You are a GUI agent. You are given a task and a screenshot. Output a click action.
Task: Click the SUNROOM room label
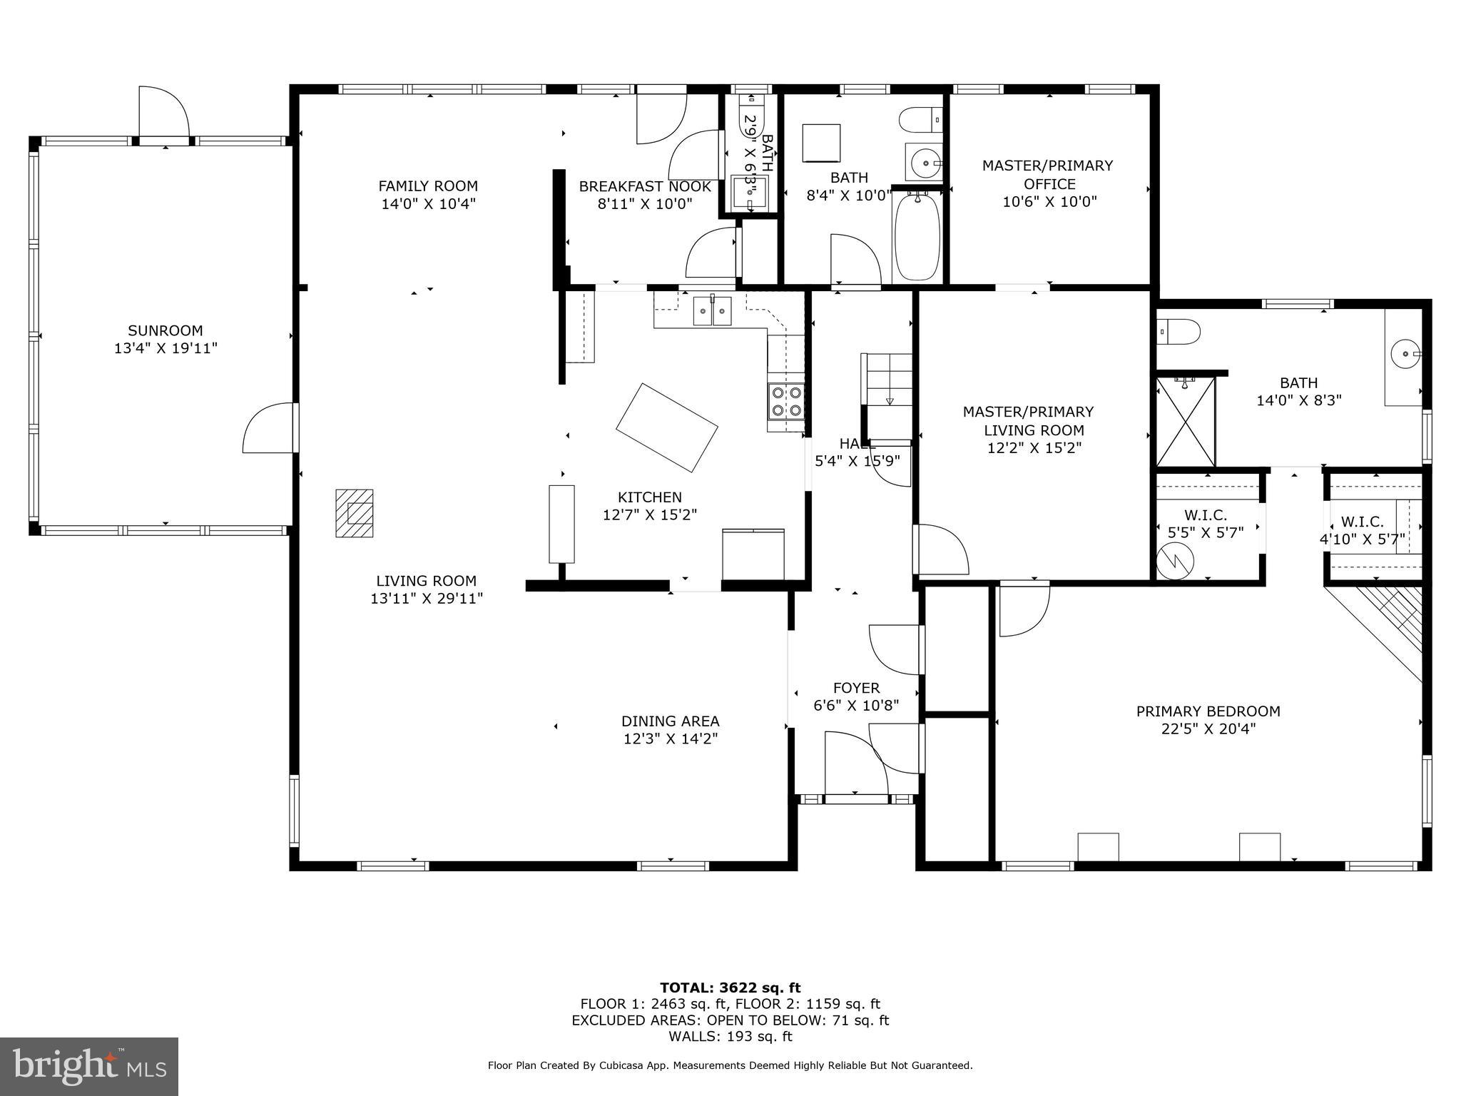166,330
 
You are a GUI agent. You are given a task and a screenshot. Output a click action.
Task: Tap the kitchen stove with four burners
785,401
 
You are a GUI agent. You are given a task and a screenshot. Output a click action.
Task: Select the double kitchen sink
712,311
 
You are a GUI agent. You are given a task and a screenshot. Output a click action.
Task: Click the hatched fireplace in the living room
355,512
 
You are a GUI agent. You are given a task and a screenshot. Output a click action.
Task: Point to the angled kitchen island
666,427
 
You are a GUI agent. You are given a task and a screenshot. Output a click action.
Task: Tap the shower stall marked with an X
1185,422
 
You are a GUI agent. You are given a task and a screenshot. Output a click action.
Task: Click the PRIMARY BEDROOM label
1208,711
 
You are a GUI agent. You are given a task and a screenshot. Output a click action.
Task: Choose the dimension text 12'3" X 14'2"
670,739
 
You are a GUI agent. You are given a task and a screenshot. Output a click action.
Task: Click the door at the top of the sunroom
164,114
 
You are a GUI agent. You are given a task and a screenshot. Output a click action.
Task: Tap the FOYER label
856,688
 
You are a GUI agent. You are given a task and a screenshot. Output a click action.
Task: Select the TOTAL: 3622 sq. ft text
730,988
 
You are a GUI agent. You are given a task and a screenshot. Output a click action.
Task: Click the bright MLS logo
89,1066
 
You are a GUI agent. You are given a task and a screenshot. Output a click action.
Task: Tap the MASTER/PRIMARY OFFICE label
1047,174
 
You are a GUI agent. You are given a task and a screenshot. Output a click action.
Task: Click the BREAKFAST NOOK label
644,186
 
